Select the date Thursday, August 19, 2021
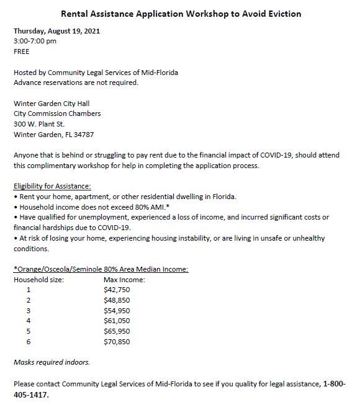[57, 31]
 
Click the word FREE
[22, 51]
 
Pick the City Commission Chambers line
[57, 113]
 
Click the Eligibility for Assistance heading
[52, 185]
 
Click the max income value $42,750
[116, 289]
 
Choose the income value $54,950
[116, 309]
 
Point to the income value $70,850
[116, 341]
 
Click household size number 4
[28, 320]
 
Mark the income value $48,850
[116, 300]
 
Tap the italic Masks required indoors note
[52, 362]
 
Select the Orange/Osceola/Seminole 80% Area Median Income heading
[101, 269]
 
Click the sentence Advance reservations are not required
[76, 82]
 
